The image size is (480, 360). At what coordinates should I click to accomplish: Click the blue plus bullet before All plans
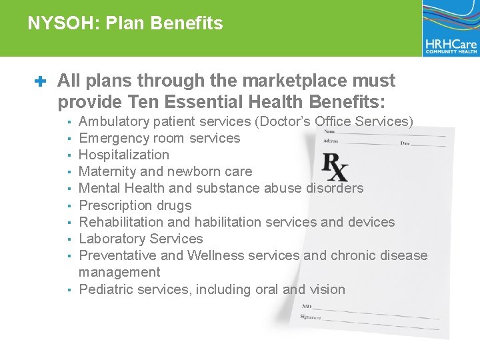39,82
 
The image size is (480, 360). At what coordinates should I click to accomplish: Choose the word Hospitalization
124,155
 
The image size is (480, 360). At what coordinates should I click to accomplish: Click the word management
119,272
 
